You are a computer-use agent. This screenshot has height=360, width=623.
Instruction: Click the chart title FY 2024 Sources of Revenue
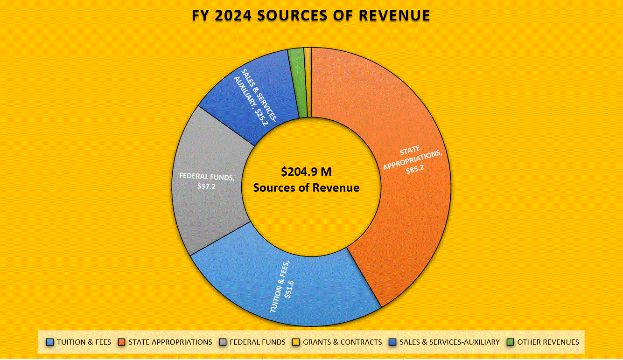click(311, 15)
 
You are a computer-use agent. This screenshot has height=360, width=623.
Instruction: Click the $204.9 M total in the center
click(306, 172)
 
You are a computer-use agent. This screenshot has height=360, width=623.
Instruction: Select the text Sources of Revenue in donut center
click(306, 188)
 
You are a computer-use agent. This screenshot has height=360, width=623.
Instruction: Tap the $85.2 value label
click(415, 169)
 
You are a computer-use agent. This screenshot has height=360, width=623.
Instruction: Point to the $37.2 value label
click(207, 186)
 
